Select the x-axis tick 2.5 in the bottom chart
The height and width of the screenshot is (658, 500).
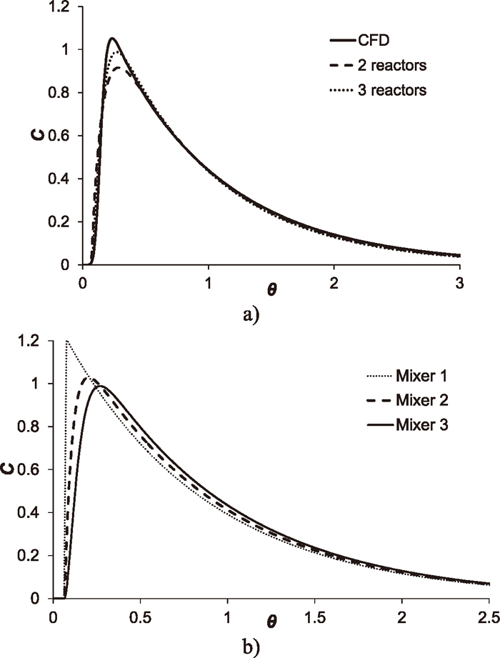click(x=489, y=615)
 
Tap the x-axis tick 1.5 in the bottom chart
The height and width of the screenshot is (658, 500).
click(x=314, y=615)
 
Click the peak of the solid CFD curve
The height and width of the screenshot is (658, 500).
click(x=112, y=38)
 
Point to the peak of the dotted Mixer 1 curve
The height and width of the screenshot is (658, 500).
click(x=66, y=341)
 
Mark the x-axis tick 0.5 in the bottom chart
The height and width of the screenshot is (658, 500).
click(x=140, y=615)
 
